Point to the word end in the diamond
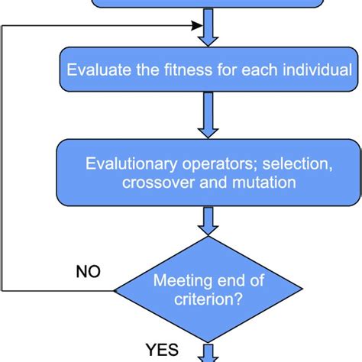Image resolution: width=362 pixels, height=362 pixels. tap(231, 282)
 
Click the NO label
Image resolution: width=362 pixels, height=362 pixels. tap(89, 271)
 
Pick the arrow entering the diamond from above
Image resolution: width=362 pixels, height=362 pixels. tap(208, 221)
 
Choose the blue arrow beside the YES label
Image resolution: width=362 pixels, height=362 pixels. tap(208, 353)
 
